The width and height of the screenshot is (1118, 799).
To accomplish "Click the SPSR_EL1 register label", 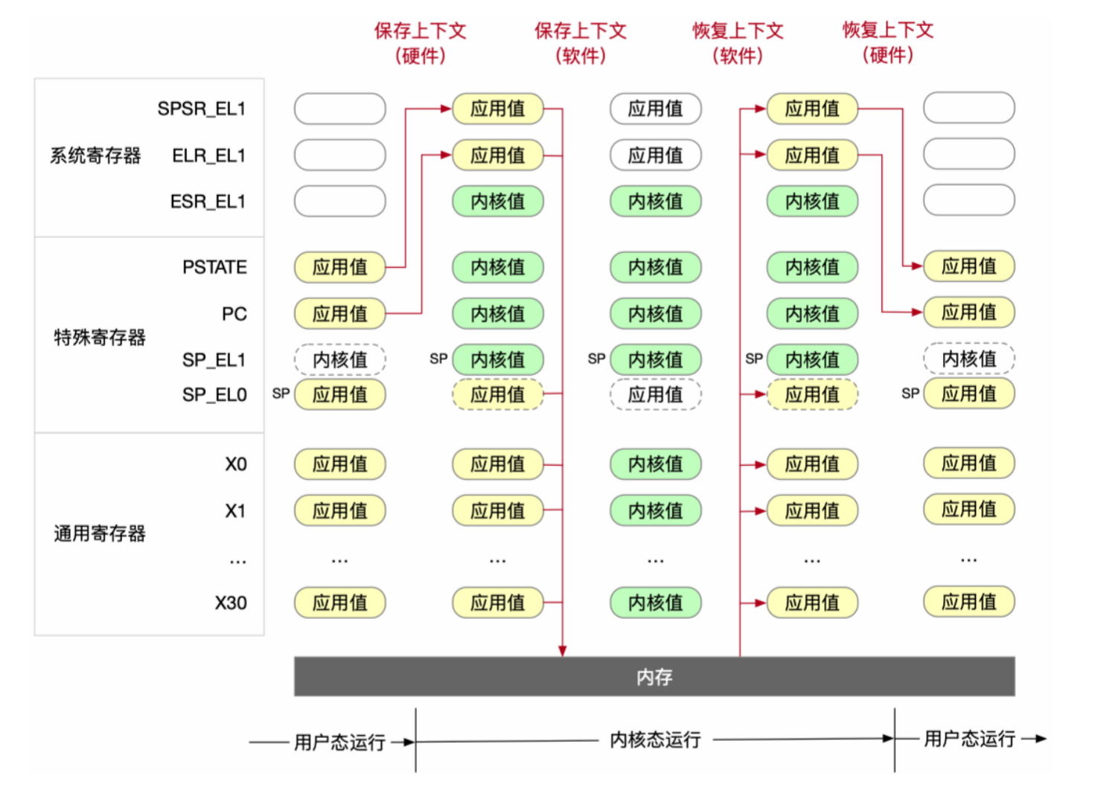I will click(201, 109).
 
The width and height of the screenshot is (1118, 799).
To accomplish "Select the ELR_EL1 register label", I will click(208, 155).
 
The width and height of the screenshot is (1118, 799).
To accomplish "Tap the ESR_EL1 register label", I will click(207, 202).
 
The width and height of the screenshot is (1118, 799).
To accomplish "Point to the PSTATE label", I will click(214, 267).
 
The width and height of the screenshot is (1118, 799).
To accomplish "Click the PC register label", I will click(234, 314).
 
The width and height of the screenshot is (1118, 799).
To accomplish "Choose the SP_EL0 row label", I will click(214, 395).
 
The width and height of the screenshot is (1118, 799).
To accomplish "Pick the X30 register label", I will click(231, 603).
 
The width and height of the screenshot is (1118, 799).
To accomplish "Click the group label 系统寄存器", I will click(95, 155).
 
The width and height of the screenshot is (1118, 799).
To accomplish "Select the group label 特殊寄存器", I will click(100, 337).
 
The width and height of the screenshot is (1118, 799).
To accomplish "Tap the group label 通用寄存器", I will click(100, 533).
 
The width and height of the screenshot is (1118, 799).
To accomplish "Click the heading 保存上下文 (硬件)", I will click(420, 42).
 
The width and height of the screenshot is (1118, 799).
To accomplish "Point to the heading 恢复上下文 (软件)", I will click(738, 42).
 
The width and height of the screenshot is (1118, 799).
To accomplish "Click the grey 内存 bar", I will click(654, 676).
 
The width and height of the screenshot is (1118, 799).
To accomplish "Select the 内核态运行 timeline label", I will click(655, 739).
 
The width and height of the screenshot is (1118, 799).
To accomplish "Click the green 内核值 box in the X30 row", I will click(655, 603).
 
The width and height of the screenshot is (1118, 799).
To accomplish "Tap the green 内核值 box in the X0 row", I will click(655, 464).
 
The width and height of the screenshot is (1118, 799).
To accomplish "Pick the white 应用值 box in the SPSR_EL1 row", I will click(655, 109).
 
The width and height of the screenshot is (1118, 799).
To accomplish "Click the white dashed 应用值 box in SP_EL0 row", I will click(655, 394).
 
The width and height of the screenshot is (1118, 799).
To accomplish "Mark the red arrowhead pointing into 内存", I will click(563, 651).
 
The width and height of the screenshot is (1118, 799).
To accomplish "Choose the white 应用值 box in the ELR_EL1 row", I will click(655, 155).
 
